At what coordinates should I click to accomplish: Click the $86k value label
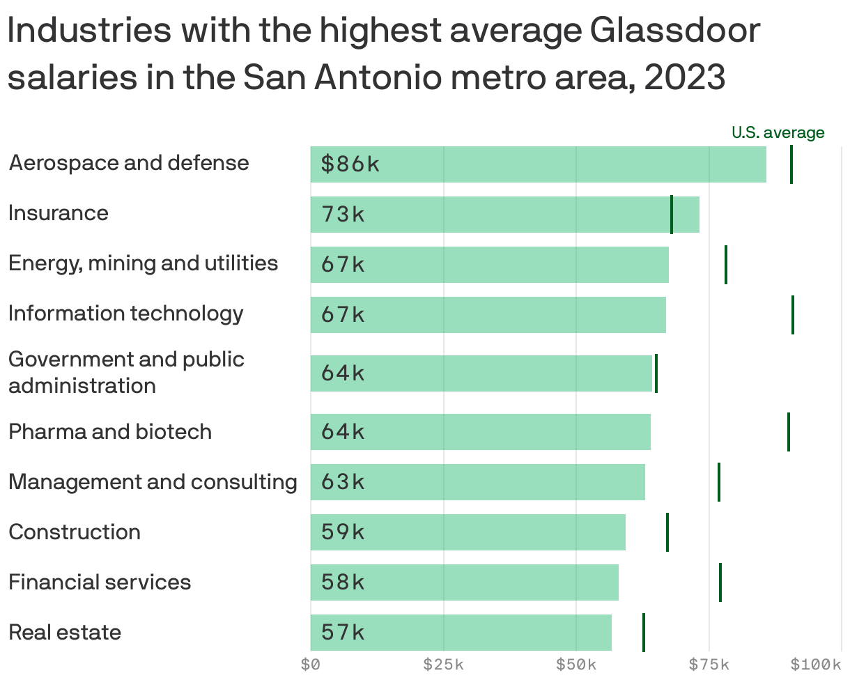350,164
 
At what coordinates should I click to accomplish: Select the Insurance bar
504,215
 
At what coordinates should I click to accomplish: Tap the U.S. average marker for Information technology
793,315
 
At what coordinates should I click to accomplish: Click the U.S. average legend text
778,132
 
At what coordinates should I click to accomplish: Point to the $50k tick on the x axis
576,665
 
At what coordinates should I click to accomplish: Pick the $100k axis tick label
817,665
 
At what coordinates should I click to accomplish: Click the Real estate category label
65,633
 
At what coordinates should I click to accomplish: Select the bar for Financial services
464,582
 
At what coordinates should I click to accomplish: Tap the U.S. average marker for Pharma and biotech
789,432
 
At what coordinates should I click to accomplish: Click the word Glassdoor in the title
674,31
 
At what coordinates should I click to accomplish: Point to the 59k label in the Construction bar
343,532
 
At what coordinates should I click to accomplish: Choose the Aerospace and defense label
129,163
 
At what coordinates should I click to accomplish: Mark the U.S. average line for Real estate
644,633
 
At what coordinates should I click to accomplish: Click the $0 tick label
311,665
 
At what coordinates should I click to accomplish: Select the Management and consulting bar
477,482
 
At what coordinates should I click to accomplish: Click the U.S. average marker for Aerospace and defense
791,164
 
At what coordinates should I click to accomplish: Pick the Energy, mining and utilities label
143,263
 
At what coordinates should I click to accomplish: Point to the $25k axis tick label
444,665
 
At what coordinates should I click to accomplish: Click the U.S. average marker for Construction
667,532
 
